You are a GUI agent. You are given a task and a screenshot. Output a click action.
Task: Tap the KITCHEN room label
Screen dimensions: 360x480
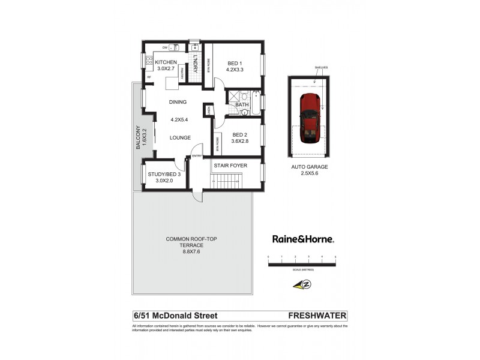[x=166, y=62]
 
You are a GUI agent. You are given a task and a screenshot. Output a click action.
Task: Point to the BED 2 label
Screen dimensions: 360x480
[x=239, y=134]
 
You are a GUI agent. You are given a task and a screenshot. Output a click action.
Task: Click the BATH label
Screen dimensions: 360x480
[x=242, y=105]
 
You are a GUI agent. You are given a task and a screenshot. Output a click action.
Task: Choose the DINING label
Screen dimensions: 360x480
[x=178, y=102]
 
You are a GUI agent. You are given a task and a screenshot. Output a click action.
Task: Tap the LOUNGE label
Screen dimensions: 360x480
[x=180, y=137]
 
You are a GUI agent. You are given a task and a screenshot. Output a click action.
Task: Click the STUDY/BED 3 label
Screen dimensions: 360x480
[x=164, y=175]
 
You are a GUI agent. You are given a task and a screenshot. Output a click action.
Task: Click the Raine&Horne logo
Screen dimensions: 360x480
[x=303, y=238]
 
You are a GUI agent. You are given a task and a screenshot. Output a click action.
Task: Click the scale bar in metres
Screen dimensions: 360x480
[x=302, y=259]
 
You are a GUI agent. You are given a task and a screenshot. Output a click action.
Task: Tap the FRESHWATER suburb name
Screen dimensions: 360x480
[x=317, y=315]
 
